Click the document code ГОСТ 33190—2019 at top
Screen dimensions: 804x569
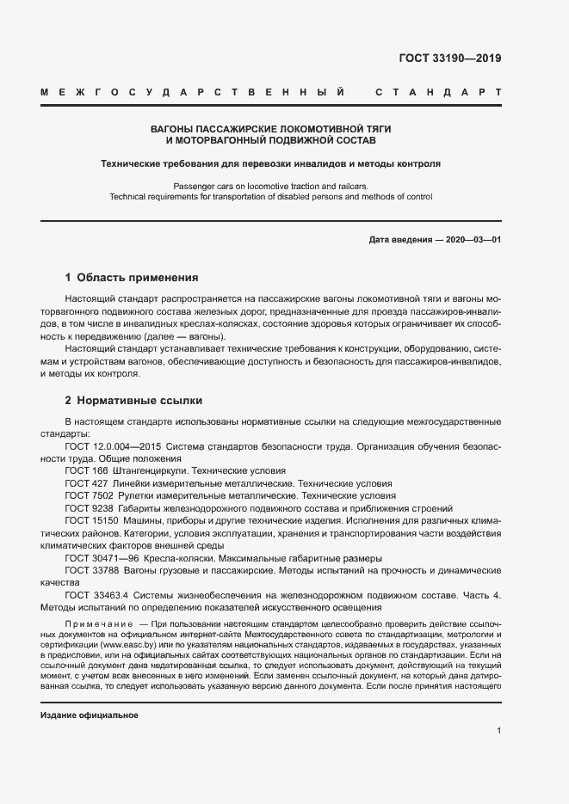tap(449, 59)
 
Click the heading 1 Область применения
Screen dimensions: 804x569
tap(132, 278)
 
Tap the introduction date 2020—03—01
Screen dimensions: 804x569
tap(467, 239)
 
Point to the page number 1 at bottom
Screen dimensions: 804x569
tap(498, 731)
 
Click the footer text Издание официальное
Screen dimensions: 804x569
tap(90, 715)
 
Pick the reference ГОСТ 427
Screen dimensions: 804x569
tap(84, 483)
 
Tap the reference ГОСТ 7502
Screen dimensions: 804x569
tap(87, 496)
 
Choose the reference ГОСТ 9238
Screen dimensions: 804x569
tap(87, 508)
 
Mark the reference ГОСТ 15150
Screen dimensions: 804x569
tap(90, 521)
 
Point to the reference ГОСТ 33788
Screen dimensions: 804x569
tap(90, 570)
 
